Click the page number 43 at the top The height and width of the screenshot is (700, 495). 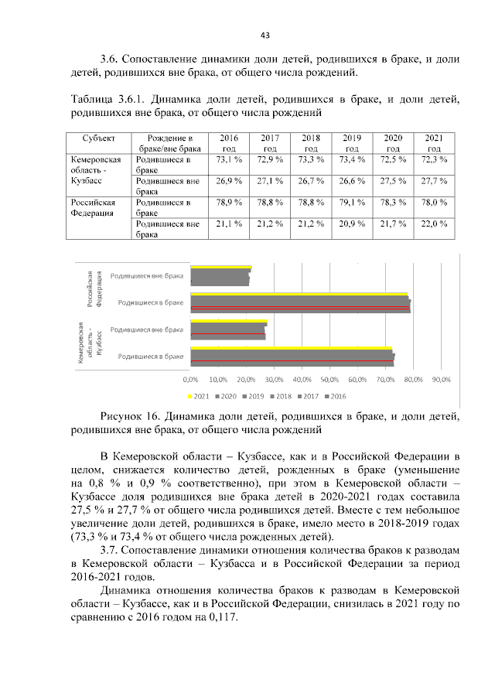[x=265, y=36]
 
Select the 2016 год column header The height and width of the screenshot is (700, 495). [x=229, y=142]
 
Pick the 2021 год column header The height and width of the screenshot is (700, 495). [x=434, y=142]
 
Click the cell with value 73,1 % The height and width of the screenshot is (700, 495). [x=229, y=159]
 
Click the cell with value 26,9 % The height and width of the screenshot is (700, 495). [x=229, y=181]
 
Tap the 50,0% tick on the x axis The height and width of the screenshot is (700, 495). [x=329, y=380]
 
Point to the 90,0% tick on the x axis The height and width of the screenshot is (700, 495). [x=441, y=380]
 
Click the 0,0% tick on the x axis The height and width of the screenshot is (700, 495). [x=190, y=380]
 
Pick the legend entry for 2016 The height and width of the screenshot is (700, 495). [x=334, y=396]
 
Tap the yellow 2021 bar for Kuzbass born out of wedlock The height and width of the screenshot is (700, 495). [x=228, y=322]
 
